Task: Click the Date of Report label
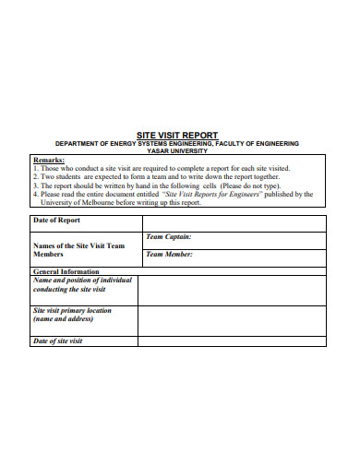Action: point(57,221)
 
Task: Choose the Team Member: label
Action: point(170,255)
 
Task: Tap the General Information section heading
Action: point(66,272)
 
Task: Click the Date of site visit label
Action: point(58,341)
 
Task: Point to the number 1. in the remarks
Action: point(36,169)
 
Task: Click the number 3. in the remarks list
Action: point(36,186)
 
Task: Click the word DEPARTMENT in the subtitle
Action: point(78,144)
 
